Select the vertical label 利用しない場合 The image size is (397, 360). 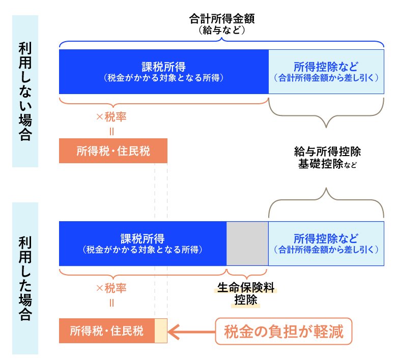coord(25,92)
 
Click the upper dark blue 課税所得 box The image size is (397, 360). coord(163,72)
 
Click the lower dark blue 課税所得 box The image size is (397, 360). coord(143,244)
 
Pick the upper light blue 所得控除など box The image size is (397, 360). coord(326,72)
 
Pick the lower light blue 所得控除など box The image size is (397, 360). coord(326,244)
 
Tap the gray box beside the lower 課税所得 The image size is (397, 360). coord(247,244)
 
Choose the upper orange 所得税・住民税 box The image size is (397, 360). coord(113,151)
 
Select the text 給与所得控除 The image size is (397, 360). coord(327,152)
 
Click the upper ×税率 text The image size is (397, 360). coord(111,116)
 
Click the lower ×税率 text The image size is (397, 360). coord(111,288)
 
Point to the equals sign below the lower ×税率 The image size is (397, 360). coord(111,303)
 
